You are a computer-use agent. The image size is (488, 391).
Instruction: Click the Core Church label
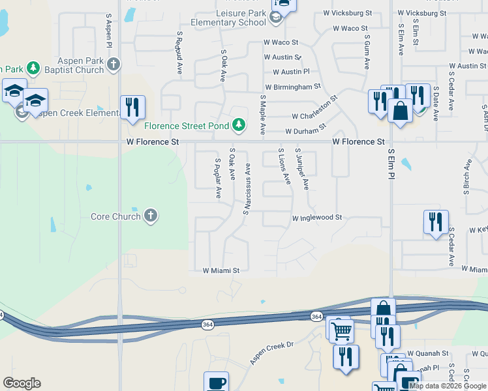pos(115,216)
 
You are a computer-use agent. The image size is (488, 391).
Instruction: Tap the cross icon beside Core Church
pos(151,216)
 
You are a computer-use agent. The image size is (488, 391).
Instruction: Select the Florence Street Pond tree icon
pos(239,124)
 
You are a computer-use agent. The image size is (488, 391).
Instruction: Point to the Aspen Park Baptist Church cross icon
pos(114,64)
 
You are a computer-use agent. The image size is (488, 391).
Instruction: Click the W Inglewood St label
pos(317,218)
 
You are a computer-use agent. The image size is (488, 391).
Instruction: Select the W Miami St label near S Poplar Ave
pos(221,270)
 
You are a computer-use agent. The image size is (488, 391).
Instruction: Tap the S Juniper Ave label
pos(302,169)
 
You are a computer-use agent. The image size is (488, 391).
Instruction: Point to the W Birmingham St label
pos(293,86)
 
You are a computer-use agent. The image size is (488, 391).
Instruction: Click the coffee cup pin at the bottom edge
pos(216,382)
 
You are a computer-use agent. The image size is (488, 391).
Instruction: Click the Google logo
pos(22,383)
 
